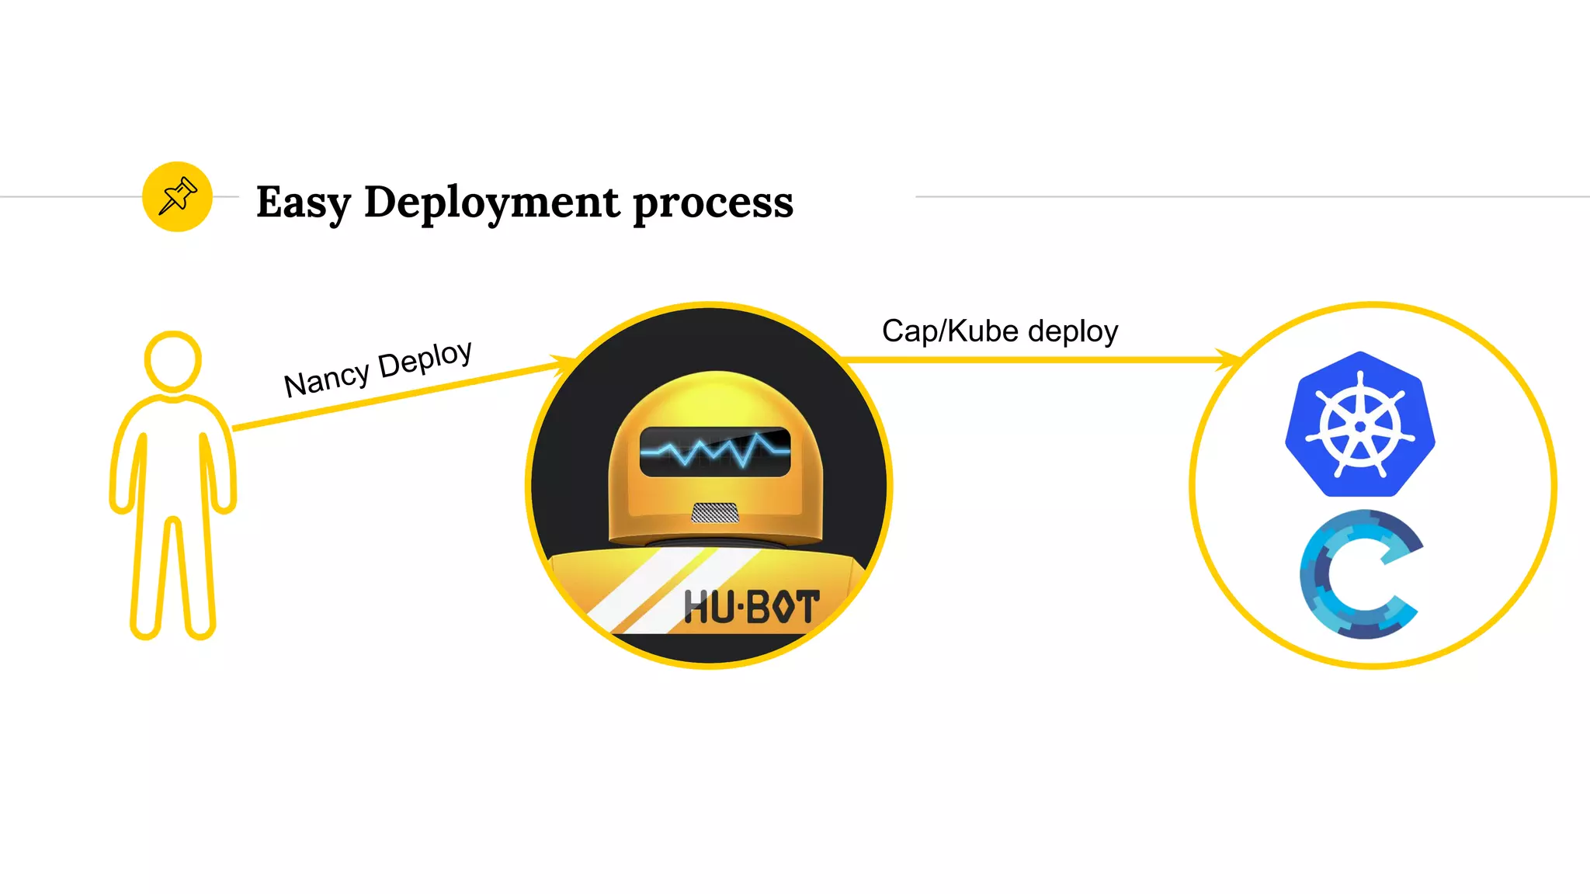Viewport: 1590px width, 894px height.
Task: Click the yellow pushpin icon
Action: (x=177, y=196)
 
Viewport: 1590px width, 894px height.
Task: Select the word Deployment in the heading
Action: (x=492, y=203)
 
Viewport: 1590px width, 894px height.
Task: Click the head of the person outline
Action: (x=173, y=361)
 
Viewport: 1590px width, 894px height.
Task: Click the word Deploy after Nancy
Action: (x=425, y=360)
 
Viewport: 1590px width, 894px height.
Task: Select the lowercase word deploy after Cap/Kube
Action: (x=1073, y=331)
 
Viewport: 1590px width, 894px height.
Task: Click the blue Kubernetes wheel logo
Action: (x=1359, y=424)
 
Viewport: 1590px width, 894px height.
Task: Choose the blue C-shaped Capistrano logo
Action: (x=1359, y=574)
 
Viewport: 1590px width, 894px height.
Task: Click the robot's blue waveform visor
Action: (x=715, y=451)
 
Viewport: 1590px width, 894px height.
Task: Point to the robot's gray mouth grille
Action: (x=715, y=512)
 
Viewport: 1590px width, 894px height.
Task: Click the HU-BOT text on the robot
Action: (x=751, y=607)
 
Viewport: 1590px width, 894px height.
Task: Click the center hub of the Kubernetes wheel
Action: (x=1359, y=427)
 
